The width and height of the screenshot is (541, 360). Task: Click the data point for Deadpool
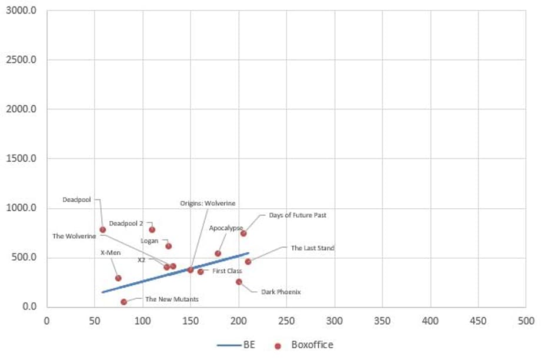(103, 229)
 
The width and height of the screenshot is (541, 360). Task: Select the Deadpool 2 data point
(152, 229)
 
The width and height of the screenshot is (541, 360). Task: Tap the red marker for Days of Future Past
(243, 234)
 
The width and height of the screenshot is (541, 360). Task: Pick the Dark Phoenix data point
(239, 282)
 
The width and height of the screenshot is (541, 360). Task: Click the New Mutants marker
(123, 302)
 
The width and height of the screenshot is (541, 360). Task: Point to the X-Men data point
(118, 278)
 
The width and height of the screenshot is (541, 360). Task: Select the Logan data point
(168, 246)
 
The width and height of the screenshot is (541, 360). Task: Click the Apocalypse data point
(218, 254)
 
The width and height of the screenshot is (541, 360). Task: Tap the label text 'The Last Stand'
(312, 248)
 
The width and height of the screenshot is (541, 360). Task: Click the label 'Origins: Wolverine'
(208, 204)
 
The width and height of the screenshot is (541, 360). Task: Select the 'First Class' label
(227, 271)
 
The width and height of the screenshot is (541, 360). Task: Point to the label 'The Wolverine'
(74, 236)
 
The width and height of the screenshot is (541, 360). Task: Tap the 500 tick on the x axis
(526, 321)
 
